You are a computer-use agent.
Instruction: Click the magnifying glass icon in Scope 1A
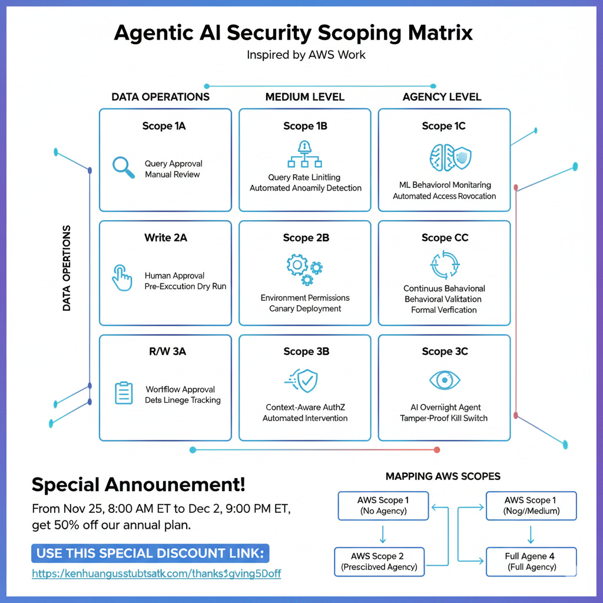[124, 167]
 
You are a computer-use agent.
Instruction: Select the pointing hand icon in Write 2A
[122, 277]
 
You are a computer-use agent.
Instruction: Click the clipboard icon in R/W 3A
[124, 393]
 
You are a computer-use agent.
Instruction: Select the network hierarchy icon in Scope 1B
[304, 155]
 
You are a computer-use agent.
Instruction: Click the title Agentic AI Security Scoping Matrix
[293, 32]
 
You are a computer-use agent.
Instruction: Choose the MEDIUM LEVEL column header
[304, 97]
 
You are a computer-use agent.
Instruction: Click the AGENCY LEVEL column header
[442, 97]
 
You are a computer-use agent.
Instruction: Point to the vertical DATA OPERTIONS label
[67, 268]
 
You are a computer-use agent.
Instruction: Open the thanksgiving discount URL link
[156, 574]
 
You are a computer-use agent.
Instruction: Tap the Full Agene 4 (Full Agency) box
[531, 562]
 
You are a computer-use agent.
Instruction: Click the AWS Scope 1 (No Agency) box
[383, 506]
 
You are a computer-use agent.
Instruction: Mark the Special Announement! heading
[138, 485]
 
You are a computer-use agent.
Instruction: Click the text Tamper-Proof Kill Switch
[444, 418]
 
